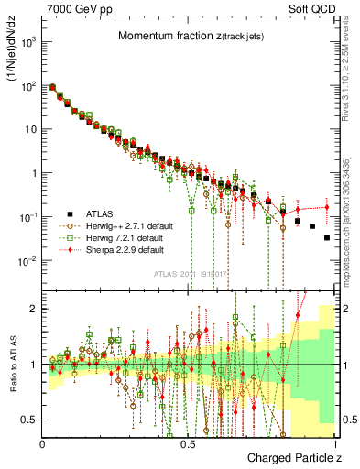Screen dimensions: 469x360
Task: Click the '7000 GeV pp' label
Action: coord(72,9)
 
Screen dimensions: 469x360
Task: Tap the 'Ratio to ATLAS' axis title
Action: coord(13,364)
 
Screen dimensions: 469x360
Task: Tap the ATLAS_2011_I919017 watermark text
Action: coord(191,272)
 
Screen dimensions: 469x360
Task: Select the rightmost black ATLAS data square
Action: coord(327,238)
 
